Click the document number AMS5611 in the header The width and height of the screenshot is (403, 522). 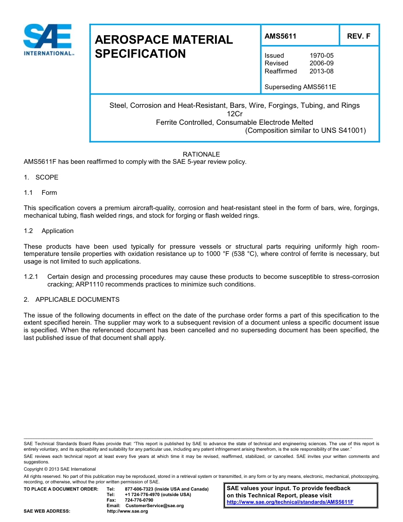280,36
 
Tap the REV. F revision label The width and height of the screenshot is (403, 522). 358,36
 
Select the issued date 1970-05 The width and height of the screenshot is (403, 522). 322,56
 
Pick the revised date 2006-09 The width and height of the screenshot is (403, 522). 322,63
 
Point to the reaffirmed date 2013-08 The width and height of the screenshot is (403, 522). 322,71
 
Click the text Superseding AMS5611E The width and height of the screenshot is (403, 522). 300,87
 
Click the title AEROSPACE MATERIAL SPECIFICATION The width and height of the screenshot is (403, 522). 164,47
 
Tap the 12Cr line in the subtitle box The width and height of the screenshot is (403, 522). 234,114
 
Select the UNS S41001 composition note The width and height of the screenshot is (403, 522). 305,131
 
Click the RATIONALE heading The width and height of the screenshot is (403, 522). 201,154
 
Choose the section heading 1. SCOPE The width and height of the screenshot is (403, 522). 41,177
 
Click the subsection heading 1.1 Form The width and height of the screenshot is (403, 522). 41,193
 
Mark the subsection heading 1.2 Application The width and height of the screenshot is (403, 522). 49,231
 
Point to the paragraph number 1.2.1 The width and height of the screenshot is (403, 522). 31,277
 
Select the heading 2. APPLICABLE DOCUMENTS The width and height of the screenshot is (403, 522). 72,300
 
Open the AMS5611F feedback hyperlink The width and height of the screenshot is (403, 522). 290,502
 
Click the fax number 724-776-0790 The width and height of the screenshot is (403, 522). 139,500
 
